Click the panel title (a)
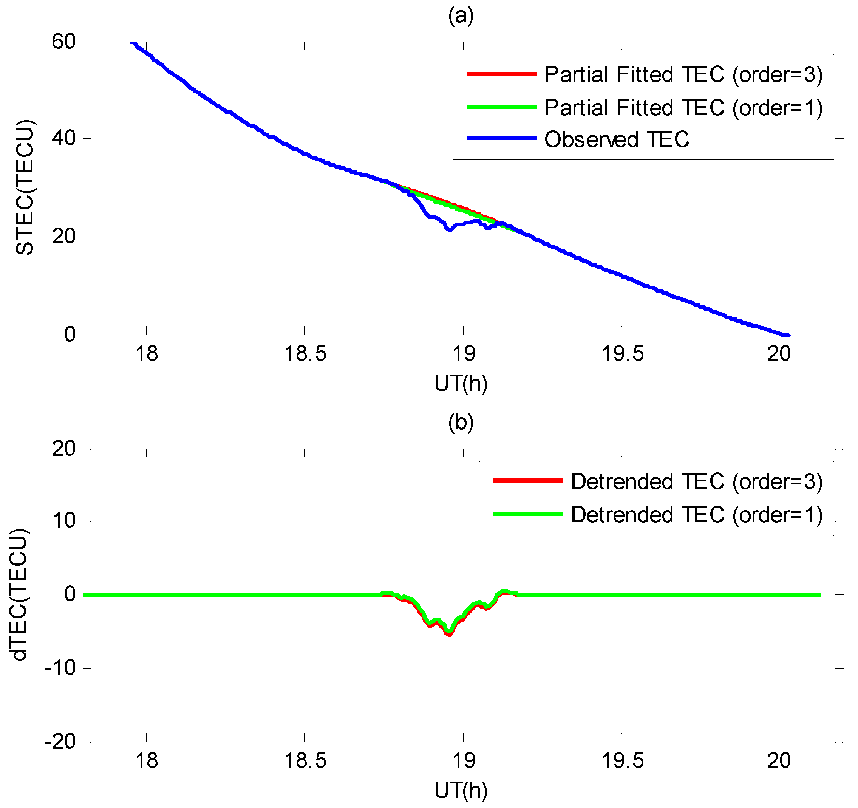[x=461, y=16]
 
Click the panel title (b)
[x=461, y=423]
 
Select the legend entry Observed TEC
[x=616, y=139]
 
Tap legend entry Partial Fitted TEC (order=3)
[x=683, y=74]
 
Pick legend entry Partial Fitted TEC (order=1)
[x=683, y=107]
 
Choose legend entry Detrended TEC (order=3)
[x=696, y=481]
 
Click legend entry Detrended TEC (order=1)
[x=696, y=514]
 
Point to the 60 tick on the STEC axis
[x=63, y=42]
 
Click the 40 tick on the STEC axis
[x=63, y=139]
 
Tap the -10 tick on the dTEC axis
[x=60, y=668]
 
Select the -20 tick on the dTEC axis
[x=60, y=741]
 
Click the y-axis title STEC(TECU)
[x=25, y=188]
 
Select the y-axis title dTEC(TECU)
[x=19, y=594]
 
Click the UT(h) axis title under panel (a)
[x=461, y=383]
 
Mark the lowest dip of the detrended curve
[x=449, y=634]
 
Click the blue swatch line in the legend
[x=501, y=139]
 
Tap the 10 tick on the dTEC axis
[x=64, y=521]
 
